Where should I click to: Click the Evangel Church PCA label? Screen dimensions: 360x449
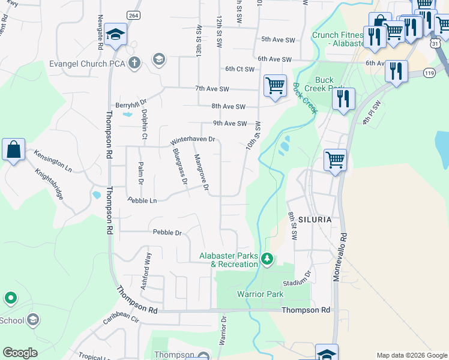tap(88, 64)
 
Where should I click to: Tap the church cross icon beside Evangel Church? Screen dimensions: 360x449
tap(134, 61)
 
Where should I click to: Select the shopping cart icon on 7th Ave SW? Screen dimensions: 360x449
tap(275, 85)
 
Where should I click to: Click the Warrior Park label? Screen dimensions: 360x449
tap(260, 294)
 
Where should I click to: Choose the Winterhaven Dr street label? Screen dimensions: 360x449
tap(193, 139)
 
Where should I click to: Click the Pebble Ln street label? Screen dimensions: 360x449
tap(142, 200)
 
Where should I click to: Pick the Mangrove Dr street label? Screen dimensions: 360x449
tap(201, 173)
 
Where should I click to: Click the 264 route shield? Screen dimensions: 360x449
tap(133, 14)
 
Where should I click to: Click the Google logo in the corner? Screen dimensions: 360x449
tap(20, 353)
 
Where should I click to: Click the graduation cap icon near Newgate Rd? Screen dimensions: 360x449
tap(114, 35)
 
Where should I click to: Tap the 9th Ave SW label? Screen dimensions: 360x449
tap(230, 124)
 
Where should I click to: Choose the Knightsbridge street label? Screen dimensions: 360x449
tap(50, 184)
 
